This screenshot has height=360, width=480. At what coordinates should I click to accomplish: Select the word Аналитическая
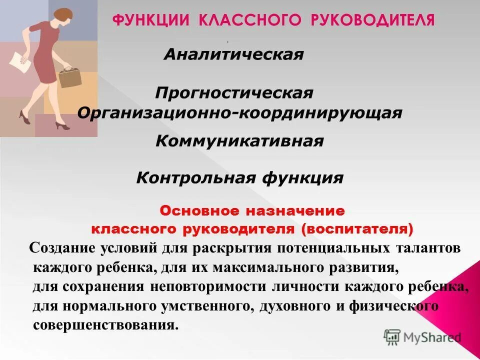pyautogui.click(x=233, y=54)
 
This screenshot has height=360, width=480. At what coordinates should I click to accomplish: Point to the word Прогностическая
pyautogui.click(x=234, y=93)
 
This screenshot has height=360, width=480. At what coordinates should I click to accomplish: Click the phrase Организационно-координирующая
pyautogui.click(x=239, y=112)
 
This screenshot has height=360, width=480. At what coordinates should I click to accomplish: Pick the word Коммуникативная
pyautogui.click(x=239, y=141)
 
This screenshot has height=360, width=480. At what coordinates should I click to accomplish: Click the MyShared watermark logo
pyautogui.click(x=422, y=337)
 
